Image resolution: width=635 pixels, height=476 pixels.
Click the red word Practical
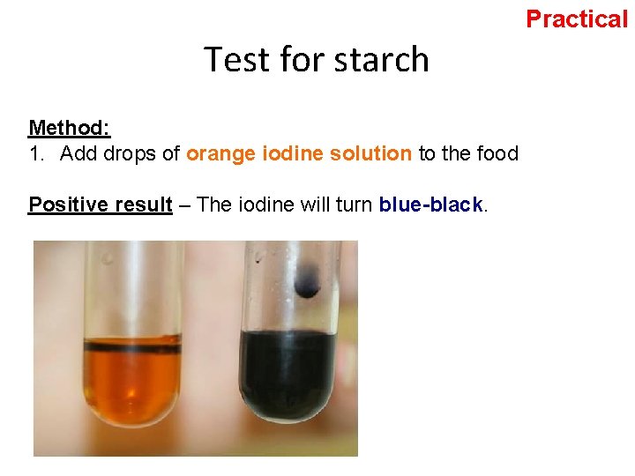(577, 19)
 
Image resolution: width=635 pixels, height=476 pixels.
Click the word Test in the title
(236, 60)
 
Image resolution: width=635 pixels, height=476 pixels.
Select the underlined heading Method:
(69, 128)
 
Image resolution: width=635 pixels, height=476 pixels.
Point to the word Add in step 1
(77, 153)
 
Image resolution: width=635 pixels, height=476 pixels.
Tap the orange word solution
(370, 153)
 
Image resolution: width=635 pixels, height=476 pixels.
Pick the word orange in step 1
(220, 153)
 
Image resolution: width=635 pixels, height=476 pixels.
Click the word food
(497, 153)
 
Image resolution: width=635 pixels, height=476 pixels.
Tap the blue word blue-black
(430, 205)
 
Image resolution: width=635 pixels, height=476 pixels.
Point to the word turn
(354, 205)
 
